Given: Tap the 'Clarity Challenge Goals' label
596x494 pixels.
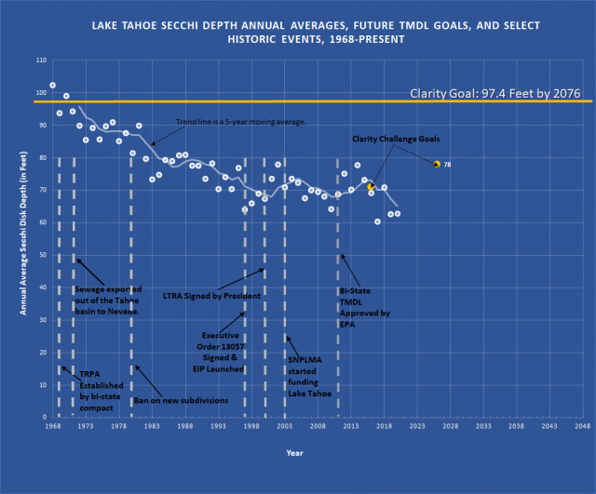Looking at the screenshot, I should (x=395, y=139).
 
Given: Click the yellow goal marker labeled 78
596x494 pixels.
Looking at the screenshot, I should (x=437, y=164).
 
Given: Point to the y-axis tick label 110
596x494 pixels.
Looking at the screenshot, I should (x=40, y=60).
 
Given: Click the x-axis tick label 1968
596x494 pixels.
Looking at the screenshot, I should (x=52, y=426).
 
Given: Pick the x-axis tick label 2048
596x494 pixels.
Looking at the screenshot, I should (x=581, y=426).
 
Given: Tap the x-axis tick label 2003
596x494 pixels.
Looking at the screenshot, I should (x=284, y=426).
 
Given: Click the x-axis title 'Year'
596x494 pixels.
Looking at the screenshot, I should (x=294, y=453).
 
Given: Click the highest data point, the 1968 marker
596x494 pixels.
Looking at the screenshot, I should (x=52, y=85).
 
